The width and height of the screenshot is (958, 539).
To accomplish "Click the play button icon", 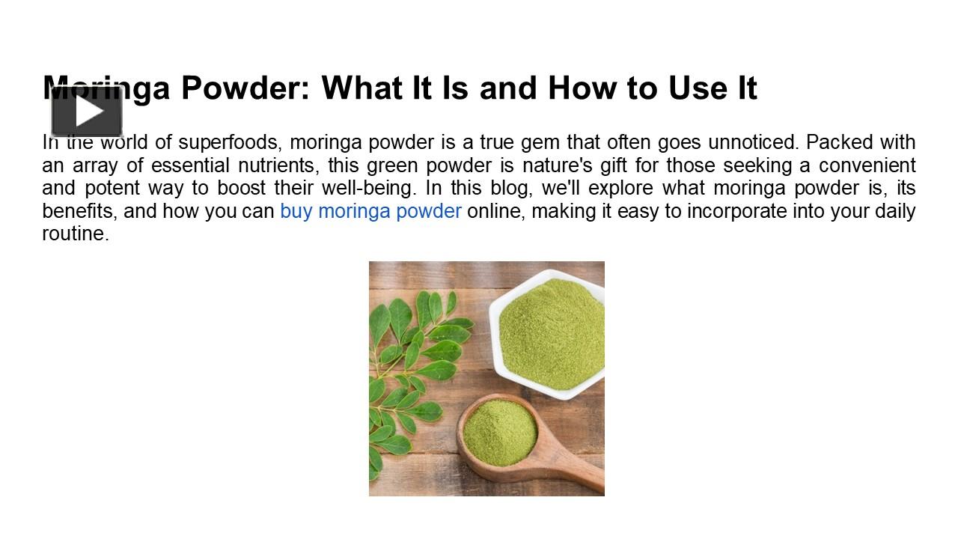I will pyautogui.click(x=87, y=112).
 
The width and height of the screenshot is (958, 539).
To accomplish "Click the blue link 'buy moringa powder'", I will pyautogui.click(x=370, y=211).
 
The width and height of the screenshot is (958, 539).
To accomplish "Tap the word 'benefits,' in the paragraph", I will pyautogui.click(x=79, y=211).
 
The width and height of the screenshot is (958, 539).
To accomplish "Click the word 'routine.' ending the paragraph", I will pyautogui.click(x=76, y=234).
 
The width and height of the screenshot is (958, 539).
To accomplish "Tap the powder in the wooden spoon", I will pyautogui.click(x=499, y=432).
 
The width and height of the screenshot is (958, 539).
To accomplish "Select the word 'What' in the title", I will pyautogui.click(x=360, y=88).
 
